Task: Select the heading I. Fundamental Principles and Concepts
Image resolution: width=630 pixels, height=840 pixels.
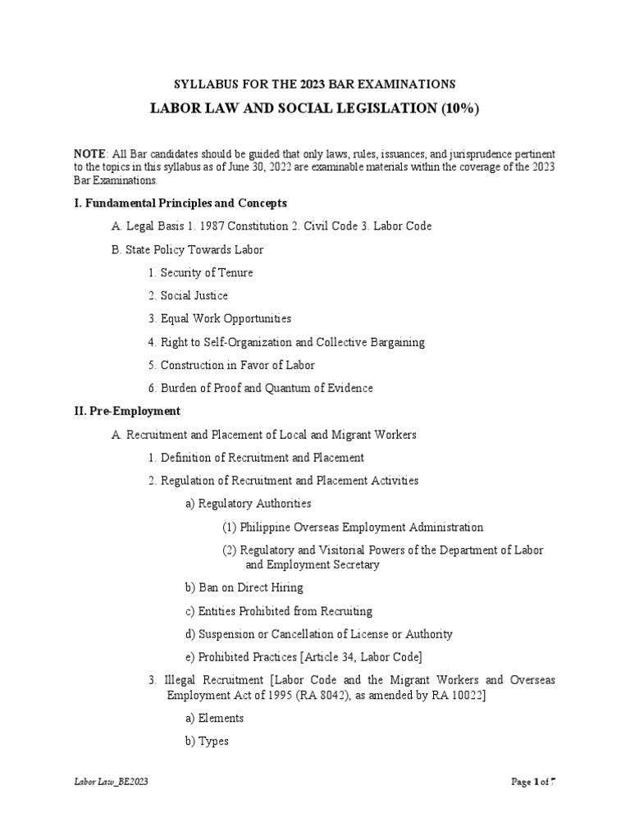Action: click(x=180, y=203)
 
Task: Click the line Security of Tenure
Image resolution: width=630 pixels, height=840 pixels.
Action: click(x=207, y=272)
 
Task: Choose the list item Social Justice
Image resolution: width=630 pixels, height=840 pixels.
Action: click(x=194, y=295)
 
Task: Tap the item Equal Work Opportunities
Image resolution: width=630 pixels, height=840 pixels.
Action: click(x=226, y=318)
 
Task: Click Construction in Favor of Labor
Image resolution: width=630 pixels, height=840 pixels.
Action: click(x=237, y=365)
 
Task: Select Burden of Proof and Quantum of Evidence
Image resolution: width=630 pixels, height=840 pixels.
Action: click(x=266, y=388)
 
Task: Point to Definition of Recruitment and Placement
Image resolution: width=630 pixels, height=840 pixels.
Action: click(x=262, y=458)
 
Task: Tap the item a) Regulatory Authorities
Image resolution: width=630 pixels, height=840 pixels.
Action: click(x=249, y=504)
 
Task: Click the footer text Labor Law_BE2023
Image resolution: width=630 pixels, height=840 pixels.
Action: click(x=111, y=782)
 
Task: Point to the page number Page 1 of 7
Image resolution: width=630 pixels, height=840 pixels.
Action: click(x=533, y=782)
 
